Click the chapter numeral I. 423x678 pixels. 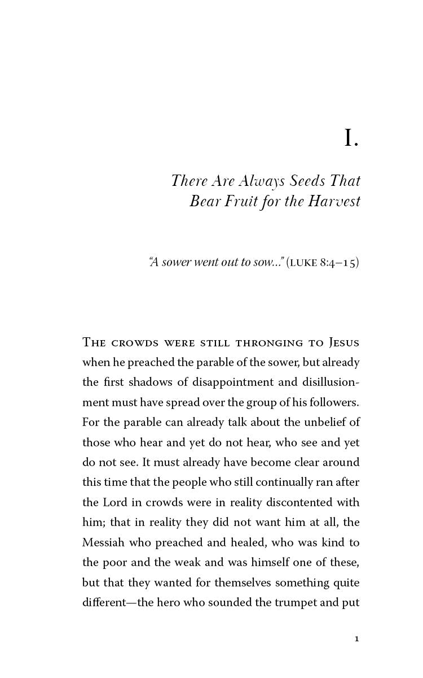click(351, 139)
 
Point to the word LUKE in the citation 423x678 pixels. click(303, 263)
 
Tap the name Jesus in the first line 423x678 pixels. click(342, 342)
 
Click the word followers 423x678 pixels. click(333, 402)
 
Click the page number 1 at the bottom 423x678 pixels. click(356, 639)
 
